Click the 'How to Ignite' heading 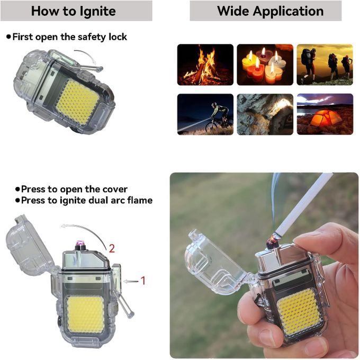click(73, 11)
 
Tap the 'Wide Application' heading click(270, 11)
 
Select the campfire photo click(205, 65)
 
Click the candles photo click(265, 65)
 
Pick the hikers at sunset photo click(325, 65)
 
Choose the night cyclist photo click(205, 114)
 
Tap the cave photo click(265, 114)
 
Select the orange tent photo click(325, 114)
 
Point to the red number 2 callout click(112, 247)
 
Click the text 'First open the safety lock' click(69, 37)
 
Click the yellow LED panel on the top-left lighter click(77, 102)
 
